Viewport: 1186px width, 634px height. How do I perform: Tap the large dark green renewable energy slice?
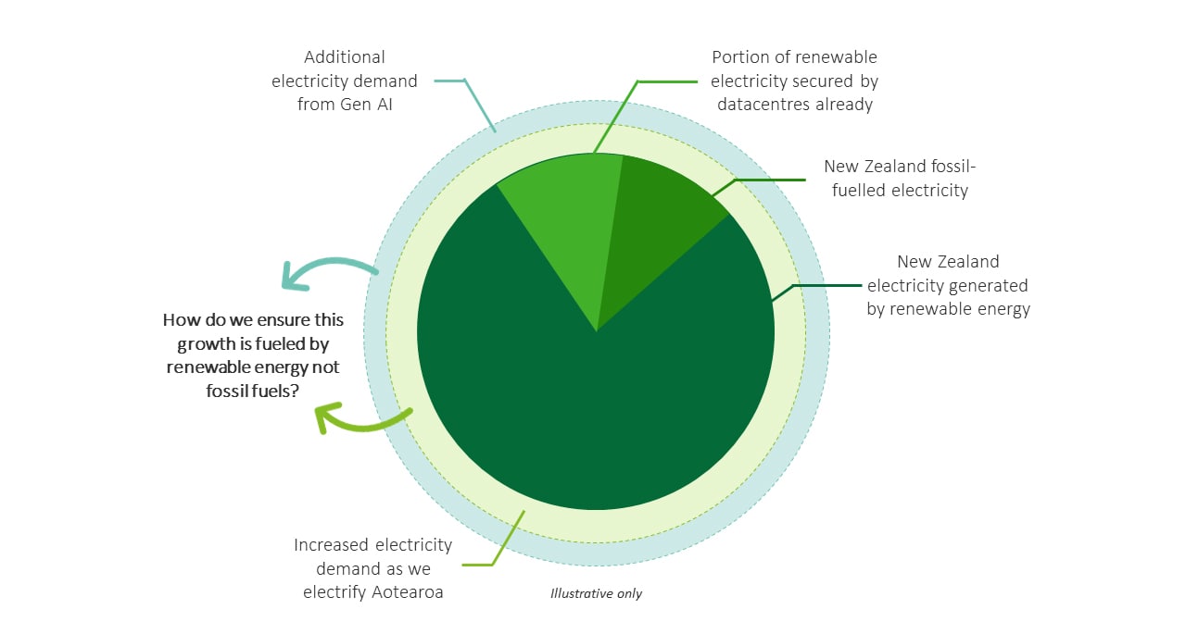point(593,407)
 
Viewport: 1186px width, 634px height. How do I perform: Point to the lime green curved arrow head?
point(324,417)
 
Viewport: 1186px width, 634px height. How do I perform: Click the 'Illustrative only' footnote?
point(596,593)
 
